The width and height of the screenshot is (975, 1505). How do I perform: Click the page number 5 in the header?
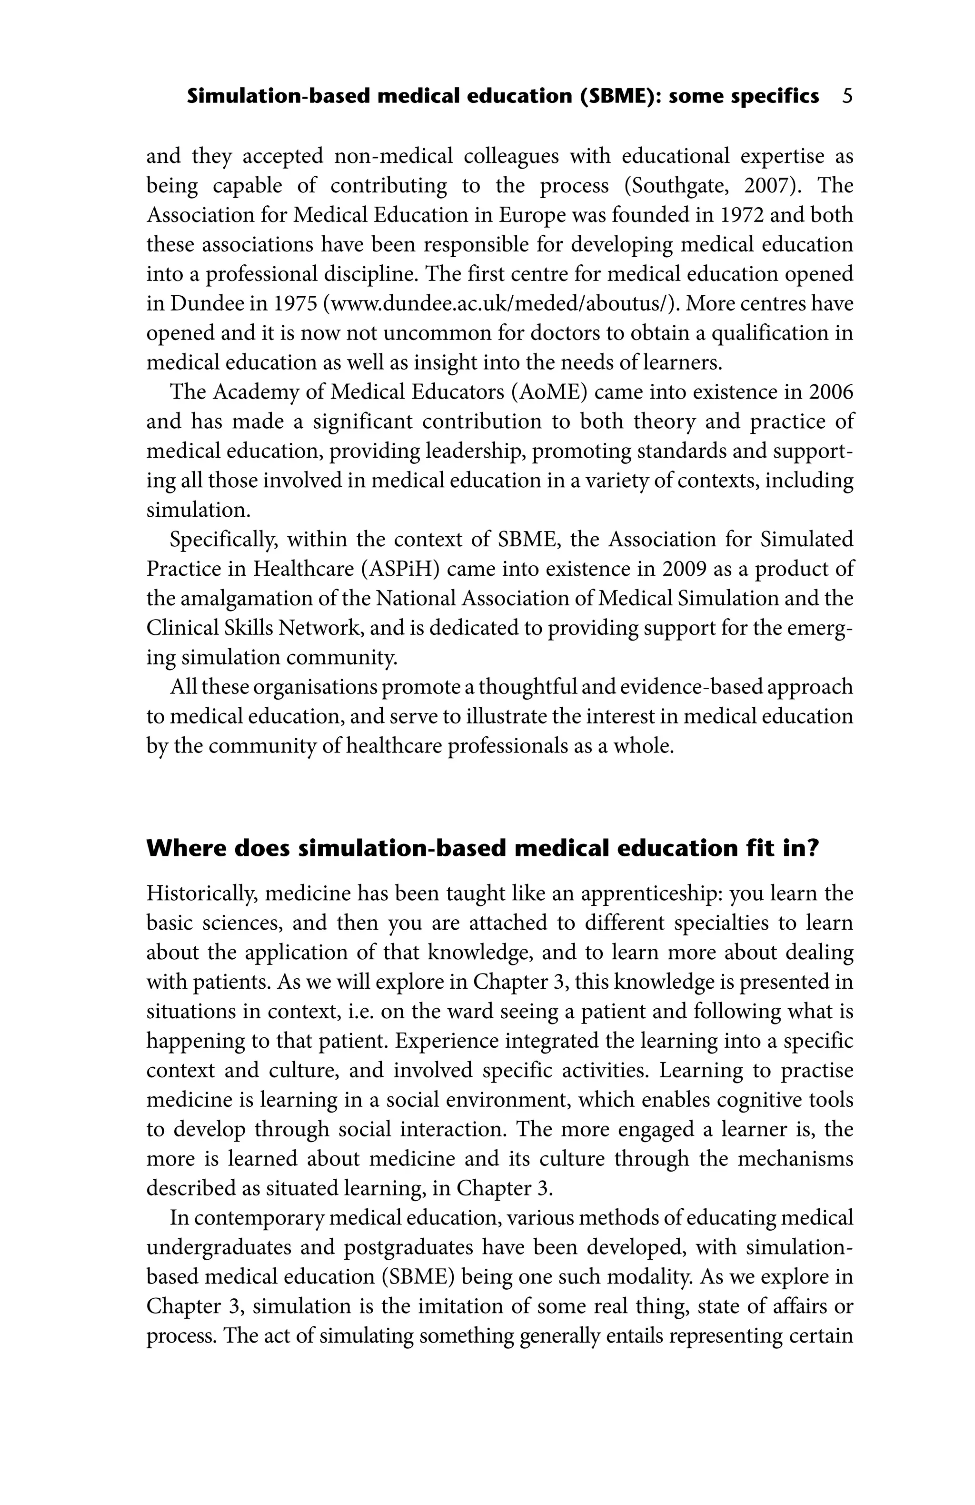click(847, 97)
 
